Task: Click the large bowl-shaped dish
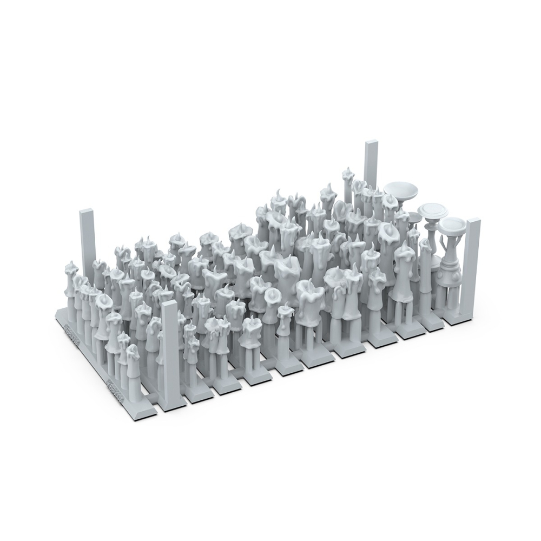coord(401,190)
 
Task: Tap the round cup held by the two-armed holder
coord(452,223)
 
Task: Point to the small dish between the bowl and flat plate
coord(414,217)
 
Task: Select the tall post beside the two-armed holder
coord(472,265)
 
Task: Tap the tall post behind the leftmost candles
coord(88,243)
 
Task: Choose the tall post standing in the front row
coord(170,352)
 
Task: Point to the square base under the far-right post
coord(460,319)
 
